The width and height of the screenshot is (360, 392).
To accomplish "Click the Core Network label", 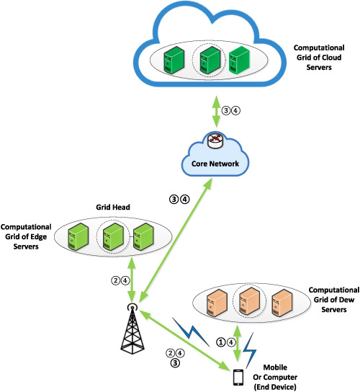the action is [x=215, y=164].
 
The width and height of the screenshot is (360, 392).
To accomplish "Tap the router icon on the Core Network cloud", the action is [x=215, y=141].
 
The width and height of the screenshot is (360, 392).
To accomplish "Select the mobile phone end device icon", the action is [x=238, y=378].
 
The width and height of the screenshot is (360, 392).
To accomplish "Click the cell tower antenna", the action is [x=132, y=329].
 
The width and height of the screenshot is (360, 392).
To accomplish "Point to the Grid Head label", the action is [x=113, y=208].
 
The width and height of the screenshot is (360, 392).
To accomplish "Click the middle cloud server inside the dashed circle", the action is [x=210, y=60].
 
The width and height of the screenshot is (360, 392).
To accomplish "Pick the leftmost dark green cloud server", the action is [x=174, y=60].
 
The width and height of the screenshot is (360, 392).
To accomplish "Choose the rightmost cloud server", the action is [x=239, y=60].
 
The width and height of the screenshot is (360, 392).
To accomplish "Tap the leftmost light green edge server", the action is [x=78, y=237].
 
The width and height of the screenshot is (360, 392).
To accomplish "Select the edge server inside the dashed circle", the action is [x=113, y=237].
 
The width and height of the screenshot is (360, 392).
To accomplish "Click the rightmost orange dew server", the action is [x=282, y=303].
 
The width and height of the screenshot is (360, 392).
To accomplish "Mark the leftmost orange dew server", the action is [x=217, y=303].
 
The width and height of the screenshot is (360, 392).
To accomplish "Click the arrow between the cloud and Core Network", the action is [x=216, y=112].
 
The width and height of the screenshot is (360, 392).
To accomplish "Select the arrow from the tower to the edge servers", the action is [x=132, y=278].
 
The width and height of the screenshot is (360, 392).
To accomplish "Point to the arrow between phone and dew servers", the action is [x=237, y=343].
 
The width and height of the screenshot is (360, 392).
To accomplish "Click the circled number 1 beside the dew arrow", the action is [x=221, y=342].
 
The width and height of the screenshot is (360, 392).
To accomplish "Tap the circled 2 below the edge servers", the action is [x=116, y=280].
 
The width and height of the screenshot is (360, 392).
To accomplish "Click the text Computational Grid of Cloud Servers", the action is [x=319, y=58].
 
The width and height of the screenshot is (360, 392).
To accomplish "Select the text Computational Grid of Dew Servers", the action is [x=334, y=300].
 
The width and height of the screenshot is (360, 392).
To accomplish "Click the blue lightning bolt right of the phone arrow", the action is [x=250, y=350].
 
